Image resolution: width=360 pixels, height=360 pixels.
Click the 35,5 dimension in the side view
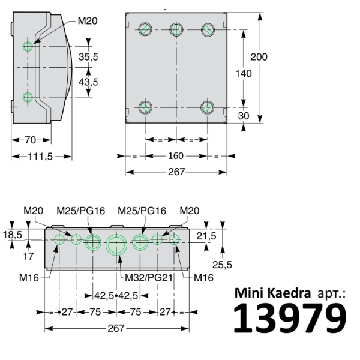tap(88, 58)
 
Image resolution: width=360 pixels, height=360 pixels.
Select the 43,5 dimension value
tap(88, 82)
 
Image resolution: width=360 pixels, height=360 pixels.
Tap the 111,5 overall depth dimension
tap(40, 157)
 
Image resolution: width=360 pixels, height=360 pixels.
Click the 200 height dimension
tap(259, 57)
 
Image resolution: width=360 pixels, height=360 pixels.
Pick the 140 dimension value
tap(243, 73)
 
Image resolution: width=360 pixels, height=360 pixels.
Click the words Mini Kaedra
tap(272, 293)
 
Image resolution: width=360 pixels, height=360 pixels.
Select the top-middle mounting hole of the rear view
tap(176, 29)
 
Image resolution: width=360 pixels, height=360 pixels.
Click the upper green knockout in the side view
tap(28, 46)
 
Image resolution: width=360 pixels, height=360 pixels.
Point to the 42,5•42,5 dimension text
tap(116, 295)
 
